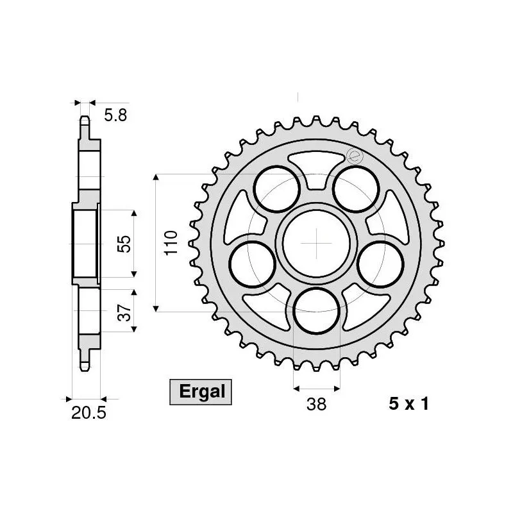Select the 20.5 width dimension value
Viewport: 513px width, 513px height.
click(88, 414)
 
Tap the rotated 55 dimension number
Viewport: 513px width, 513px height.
click(125, 243)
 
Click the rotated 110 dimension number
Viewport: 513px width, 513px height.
click(171, 243)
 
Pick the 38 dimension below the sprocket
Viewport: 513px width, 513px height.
click(316, 404)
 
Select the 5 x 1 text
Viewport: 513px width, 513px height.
click(408, 404)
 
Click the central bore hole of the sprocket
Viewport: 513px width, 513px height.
click(317, 242)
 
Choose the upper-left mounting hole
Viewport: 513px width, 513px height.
click(277, 189)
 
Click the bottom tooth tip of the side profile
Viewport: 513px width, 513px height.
click(84, 367)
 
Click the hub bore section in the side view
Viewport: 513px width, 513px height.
click(84, 243)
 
